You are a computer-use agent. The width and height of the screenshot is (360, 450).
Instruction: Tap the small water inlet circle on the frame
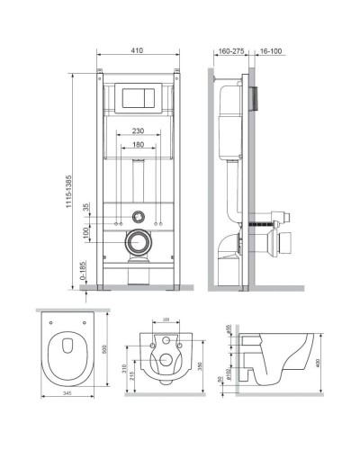pos(138,217)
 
